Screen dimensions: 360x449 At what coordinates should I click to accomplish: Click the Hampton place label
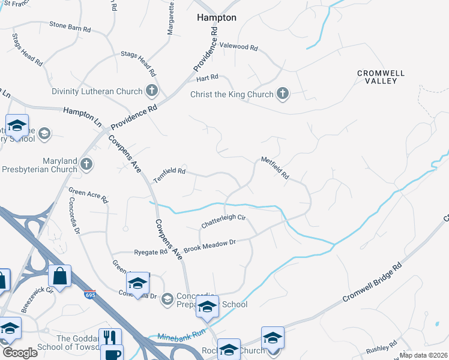point(217,18)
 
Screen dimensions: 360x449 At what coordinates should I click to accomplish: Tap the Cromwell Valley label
point(381,77)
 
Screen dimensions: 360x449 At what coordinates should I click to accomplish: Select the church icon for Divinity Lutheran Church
point(152,91)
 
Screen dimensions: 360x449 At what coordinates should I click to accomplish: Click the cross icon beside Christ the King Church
point(283,94)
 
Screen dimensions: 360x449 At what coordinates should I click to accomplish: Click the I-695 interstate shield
point(90,295)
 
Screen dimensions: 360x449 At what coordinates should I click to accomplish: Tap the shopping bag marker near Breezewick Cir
point(59,276)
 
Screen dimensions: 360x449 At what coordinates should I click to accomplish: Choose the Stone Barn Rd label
point(70,26)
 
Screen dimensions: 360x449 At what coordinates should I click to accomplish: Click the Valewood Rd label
point(238,46)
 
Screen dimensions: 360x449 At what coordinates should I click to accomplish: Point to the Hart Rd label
point(207,78)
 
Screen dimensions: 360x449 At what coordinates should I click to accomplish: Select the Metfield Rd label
point(275,168)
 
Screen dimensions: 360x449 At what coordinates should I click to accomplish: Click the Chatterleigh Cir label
point(224,220)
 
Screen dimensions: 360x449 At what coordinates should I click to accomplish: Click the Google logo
point(19,353)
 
